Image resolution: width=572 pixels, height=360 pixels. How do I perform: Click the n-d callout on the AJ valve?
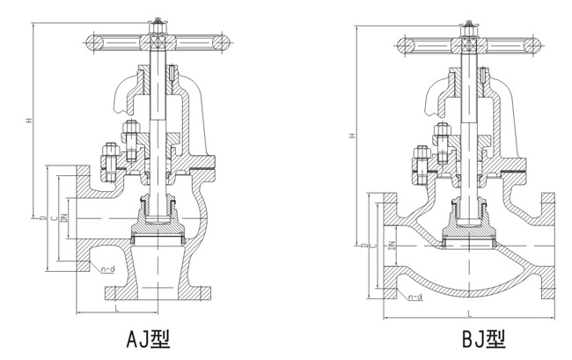106,268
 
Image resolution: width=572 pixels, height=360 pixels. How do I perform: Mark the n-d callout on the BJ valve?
414,298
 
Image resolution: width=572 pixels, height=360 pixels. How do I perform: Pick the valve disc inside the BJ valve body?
466,235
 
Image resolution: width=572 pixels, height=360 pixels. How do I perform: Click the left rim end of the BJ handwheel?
402,44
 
